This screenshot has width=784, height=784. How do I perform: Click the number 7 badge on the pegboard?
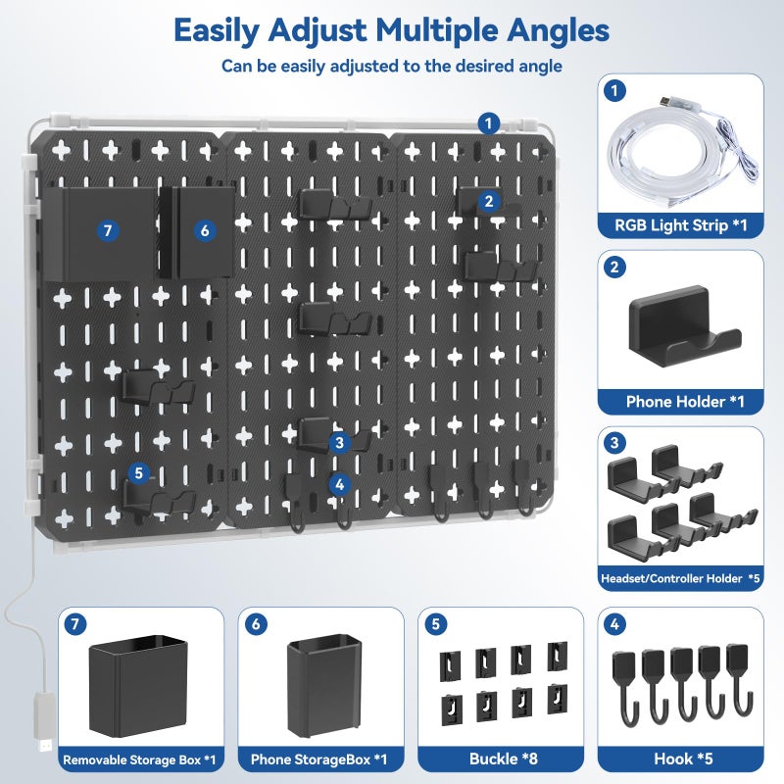coord(108,231)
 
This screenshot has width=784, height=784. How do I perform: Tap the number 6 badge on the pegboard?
coord(204,231)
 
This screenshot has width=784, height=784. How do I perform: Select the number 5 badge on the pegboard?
coord(138,472)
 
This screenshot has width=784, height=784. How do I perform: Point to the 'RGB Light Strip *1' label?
coord(680,224)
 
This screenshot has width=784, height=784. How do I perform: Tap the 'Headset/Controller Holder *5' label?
coord(680,578)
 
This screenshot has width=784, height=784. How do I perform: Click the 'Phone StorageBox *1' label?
coord(320,758)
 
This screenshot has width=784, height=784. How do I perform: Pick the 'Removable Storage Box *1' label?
coord(140,758)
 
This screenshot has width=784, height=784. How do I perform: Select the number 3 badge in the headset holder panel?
coord(615,443)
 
